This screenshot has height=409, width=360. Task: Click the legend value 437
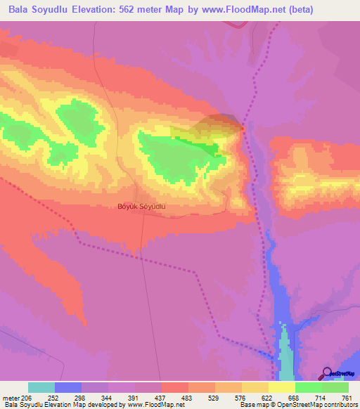coord(160,398)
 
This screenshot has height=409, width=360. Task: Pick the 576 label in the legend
coord(240,398)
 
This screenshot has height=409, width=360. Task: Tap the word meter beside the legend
coord(11,398)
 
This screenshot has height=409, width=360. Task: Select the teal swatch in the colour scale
coord(41,387)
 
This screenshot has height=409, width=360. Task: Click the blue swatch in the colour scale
coord(68,387)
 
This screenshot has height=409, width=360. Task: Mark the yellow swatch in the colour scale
coord(281,387)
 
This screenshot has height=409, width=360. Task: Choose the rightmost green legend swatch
coord(335,387)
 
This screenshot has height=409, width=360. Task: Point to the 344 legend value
coord(107,398)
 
